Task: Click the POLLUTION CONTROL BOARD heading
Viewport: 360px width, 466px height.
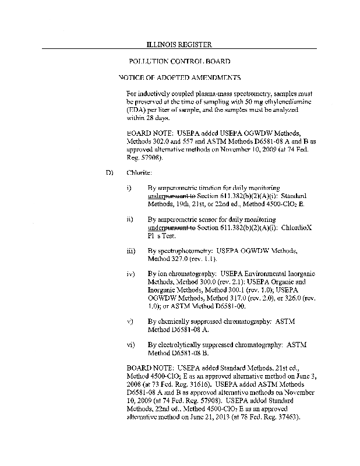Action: point(179,61)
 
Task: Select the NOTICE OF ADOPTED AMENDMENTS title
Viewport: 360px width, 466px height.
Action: point(179,77)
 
